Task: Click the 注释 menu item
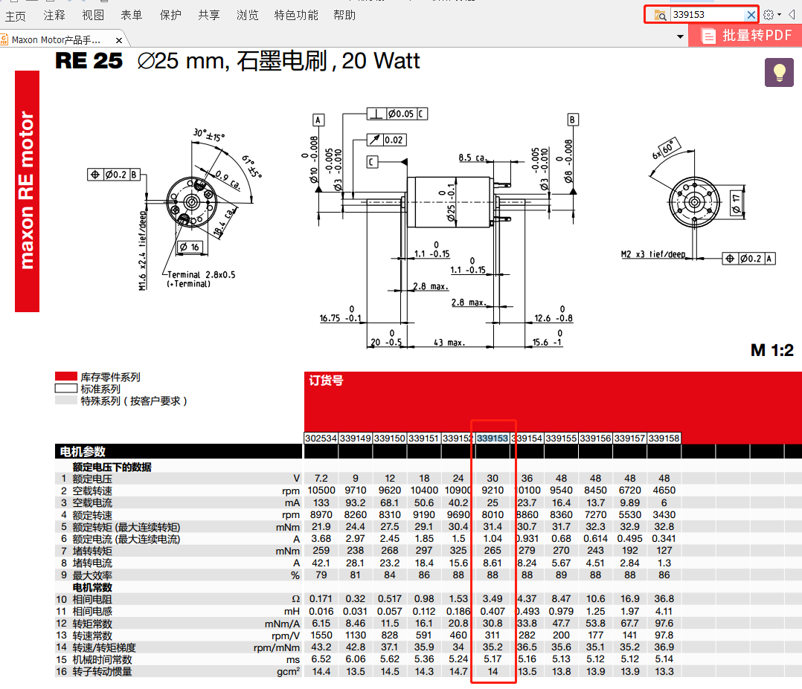[x=54, y=15]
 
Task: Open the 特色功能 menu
[x=296, y=15]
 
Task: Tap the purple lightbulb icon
[x=780, y=72]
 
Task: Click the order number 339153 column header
[x=493, y=439]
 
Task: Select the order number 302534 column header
[x=321, y=439]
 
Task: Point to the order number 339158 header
[x=664, y=439]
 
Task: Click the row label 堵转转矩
[x=92, y=551]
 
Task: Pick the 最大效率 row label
[x=92, y=575]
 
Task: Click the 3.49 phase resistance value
[x=493, y=599]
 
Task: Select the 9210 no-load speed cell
[x=493, y=491]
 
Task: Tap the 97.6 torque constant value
[x=664, y=623]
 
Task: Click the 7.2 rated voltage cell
[x=321, y=479]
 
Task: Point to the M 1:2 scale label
[x=771, y=350]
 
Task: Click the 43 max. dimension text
[x=449, y=343]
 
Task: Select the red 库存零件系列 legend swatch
[x=65, y=377]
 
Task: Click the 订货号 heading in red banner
[x=326, y=381]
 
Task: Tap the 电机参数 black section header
[x=83, y=451]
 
